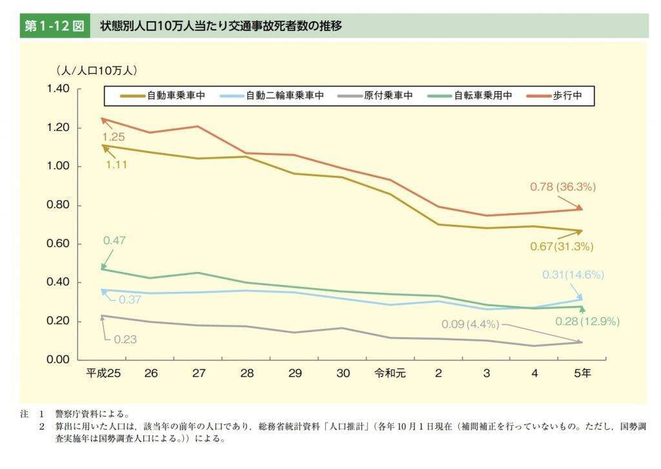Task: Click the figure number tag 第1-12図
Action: point(54,26)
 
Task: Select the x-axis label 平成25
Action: point(103,373)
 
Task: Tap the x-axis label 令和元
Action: point(390,373)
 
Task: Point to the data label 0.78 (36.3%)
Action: point(563,187)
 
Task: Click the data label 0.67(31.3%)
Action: point(560,247)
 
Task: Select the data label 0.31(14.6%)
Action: point(573,275)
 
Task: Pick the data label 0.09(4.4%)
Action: point(471,323)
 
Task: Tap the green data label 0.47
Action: point(114,240)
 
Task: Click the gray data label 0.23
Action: point(125,339)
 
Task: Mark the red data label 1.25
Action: point(114,137)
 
